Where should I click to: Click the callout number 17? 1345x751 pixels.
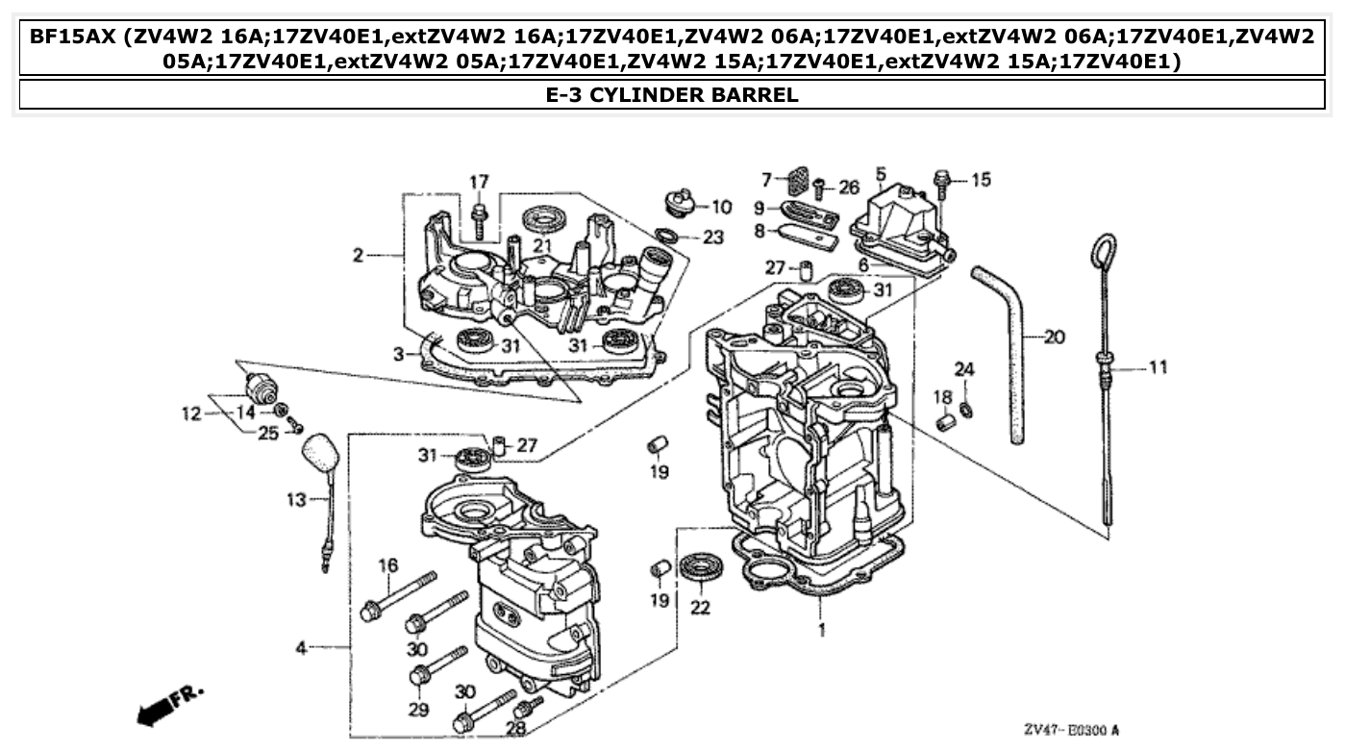tap(479, 182)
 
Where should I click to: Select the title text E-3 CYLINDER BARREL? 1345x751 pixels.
tap(672, 94)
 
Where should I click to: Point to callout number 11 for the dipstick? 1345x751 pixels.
tap(1158, 366)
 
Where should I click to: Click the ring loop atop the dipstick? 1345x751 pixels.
tap(1102, 251)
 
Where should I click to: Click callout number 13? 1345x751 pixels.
tap(295, 499)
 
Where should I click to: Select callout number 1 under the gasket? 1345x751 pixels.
tap(821, 631)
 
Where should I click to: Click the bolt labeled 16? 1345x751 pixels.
tap(399, 595)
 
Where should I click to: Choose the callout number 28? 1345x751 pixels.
tap(515, 728)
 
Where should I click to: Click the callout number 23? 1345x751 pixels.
tap(712, 237)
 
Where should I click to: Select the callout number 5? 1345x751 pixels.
tap(880, 174)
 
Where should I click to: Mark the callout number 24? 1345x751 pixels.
tap(964, 369)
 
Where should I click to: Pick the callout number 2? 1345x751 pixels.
tap(358, 256)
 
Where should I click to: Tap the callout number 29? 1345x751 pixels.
tap(417, 710)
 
